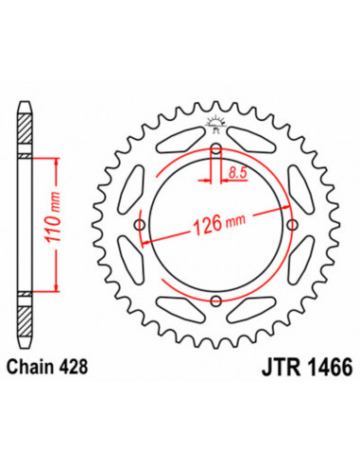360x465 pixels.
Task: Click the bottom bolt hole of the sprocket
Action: (x=216, y=301)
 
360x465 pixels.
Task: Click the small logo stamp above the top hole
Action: (x=216, y=120)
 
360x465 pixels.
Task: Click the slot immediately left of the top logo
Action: (x=178, y=142)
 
